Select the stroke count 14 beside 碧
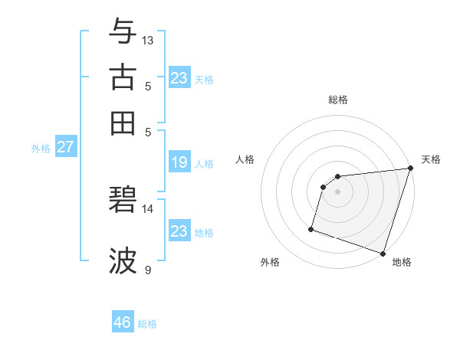(x=148, y=208)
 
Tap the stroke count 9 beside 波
(x=148, y=270)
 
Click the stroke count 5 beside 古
(x=148, y=86)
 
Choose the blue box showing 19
(x=179, y=162)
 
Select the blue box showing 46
(x=123, y=322)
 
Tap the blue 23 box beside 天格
(x=179, y=77)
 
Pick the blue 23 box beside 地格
(x=179, y=231)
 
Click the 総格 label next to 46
(x=147, y=324)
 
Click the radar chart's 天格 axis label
(x=431, y=159)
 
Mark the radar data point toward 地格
(x=383, y=253)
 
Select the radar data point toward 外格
(x=311, y=228)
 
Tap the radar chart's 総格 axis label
(x=338, y=100)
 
